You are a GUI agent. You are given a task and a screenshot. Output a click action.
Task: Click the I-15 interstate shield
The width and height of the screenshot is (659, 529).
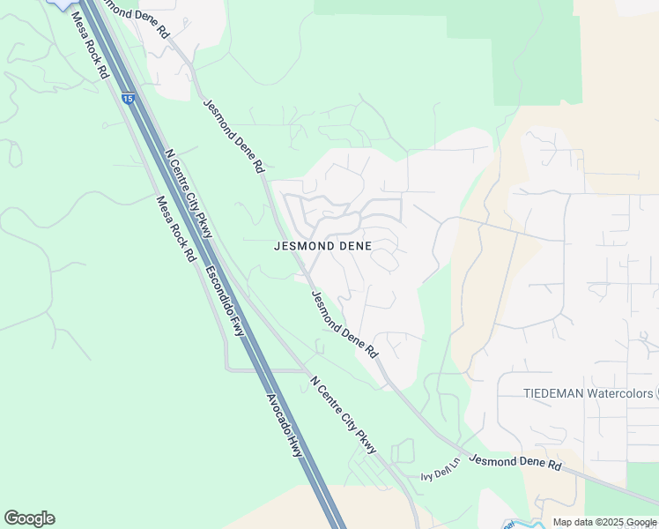coord(129,100)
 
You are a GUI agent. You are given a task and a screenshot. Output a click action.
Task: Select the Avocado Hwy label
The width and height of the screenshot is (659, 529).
coord(284,424)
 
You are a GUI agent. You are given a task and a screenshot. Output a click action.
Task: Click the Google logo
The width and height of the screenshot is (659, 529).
coord(29,518)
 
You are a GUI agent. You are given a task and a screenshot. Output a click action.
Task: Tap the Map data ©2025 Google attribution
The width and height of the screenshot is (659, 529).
coord(605,522)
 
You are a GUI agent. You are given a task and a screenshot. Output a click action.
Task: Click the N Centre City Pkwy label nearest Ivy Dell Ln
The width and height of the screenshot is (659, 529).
coord(344,415)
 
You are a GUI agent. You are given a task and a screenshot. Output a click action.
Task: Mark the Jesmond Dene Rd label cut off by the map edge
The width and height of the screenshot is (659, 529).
coord(134,16)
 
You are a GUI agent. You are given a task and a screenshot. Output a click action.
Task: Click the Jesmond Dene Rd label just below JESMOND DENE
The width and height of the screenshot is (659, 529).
coord(344,324)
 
